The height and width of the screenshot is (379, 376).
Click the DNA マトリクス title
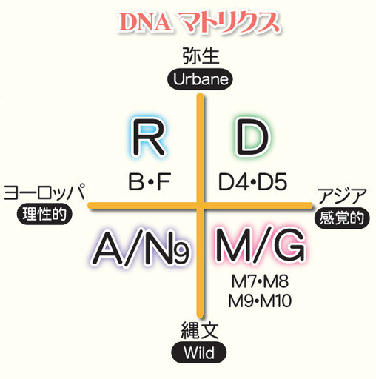199,22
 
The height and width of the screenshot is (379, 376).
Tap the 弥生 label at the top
201,56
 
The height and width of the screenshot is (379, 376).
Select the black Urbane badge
200,79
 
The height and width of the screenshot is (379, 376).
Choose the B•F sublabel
150,181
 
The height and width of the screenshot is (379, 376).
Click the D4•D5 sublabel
253,181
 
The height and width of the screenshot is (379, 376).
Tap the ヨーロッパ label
44,192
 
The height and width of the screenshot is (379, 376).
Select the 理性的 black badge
44,214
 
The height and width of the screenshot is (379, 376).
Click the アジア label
342,195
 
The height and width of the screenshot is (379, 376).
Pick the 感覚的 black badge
342,218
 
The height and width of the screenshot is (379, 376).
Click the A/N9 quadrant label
141,248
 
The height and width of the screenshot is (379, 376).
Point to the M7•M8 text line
260,281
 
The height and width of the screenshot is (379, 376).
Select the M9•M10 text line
260,301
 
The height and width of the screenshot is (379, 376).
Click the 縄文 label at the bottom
200,331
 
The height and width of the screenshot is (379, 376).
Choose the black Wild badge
199,353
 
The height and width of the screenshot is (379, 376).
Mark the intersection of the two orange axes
201,206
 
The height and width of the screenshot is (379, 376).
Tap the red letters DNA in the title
144,22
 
